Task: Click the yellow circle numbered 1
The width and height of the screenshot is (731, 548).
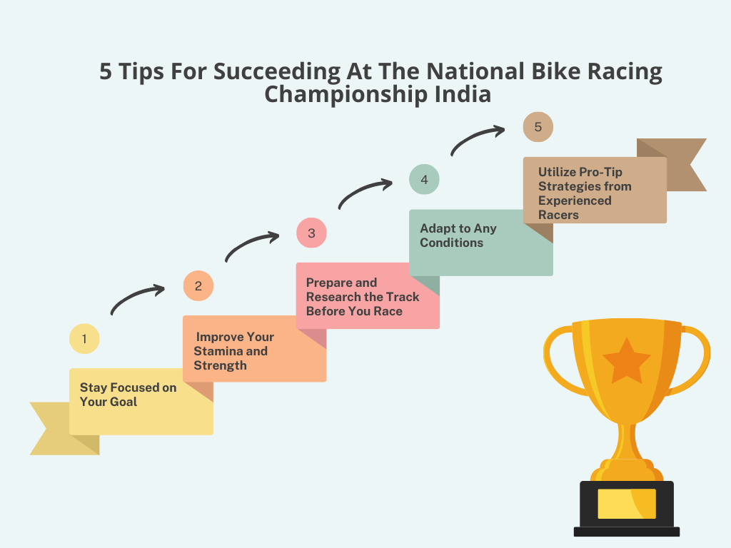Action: tap(84, 339)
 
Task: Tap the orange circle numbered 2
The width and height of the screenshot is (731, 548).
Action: tap(198, 285)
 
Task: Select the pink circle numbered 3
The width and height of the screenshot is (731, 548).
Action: tap(311, 233)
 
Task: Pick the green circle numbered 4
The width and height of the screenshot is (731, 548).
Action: tap(424, 179)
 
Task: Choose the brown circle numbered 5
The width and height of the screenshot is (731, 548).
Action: tap(538, 127)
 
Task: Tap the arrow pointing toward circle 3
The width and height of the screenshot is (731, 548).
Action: tap(249, 242)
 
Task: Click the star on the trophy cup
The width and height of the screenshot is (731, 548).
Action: tap(627, 360)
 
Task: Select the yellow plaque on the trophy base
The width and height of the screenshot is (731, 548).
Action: tap(627, 504)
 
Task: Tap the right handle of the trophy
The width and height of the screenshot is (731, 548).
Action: tap(693, 360)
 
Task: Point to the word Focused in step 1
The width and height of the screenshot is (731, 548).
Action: tap(135, 387)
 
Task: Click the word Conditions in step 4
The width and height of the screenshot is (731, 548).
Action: tap(451, 243)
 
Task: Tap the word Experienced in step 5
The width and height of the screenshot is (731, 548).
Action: tap(575, 201)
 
